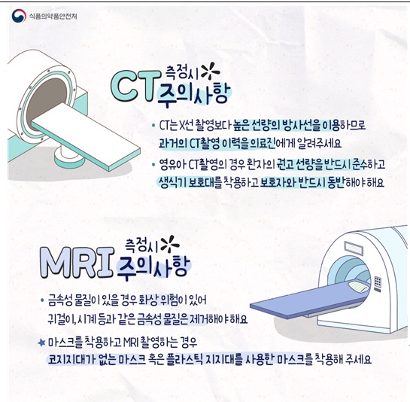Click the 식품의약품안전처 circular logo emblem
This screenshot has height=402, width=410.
pyautogui.click(x=19, y=16)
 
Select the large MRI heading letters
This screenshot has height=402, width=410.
pyautogui.click(x=77, y=263)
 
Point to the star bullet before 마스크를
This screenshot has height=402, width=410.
pyautogui.click(x=41, y=343)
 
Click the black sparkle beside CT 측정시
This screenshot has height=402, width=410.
pyautogui.click(x=211, y=71)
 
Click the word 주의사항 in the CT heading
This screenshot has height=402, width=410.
pyautogui.click(x=193, y=93)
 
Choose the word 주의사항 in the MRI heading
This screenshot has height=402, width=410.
pyautogui.click(x=153, y=267)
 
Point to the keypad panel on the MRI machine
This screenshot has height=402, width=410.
pyautogui.click(x=378, y=285)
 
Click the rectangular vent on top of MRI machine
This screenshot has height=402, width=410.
pyautogui.click(x=354, y=248)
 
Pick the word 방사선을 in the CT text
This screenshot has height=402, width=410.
pyautogui.click(x=301, y=126)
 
